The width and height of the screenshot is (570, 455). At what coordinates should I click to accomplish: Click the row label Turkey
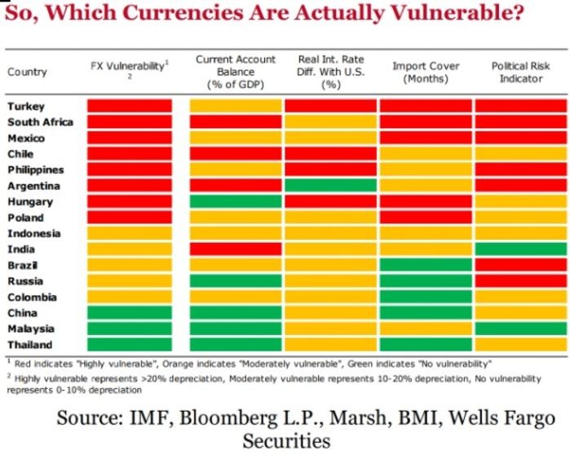pos(26,106)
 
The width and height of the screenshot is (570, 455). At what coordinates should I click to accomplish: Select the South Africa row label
pos(40,122)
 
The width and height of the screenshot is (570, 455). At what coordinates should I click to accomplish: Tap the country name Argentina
pos(33,186)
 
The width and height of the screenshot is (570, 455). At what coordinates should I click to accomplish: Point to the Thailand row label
pos(30,345)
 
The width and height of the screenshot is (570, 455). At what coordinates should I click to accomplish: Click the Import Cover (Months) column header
pos(426,72)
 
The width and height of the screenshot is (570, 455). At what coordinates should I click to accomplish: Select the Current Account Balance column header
pos(236,72)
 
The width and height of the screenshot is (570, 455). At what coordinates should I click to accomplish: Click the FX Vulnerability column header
pos(129,67)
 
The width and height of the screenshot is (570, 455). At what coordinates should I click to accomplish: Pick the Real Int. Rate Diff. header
pos(330,72)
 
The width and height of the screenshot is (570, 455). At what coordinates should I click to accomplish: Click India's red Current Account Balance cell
pos(236,249)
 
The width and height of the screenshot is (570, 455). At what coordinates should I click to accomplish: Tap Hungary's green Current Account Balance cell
pos(236,201)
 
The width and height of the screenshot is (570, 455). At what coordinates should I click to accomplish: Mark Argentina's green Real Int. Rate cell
pos(330,186)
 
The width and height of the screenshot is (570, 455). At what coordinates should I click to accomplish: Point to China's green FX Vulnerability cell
pos(129,313)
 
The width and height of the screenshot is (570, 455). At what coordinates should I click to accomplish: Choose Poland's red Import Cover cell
pos(426,218)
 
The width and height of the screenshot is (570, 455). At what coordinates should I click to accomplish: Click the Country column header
pos(27,72)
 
